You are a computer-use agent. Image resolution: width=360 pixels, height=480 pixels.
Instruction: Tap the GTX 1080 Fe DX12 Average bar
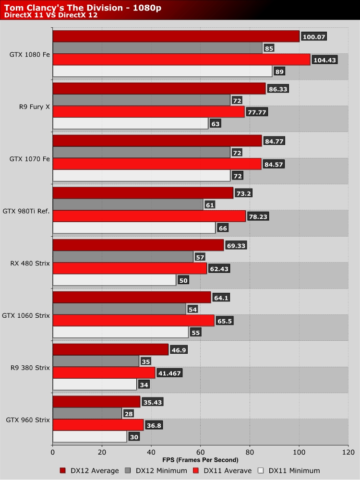(x=176, y=36)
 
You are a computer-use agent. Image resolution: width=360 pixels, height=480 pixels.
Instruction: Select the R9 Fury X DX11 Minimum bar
(x=131, y=124)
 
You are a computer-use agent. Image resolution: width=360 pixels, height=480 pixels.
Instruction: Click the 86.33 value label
(x=278, y=89)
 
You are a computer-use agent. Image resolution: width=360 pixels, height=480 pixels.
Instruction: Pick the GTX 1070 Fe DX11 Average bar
(x=157, y=164)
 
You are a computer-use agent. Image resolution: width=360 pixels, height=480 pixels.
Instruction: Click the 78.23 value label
(x=258, y=216)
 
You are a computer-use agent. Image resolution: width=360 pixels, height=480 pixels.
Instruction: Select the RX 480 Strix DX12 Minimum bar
(x=123, y=257)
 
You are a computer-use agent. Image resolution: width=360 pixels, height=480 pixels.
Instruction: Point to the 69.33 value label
(x=237, y=246)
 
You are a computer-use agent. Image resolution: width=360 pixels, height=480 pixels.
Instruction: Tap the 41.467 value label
(x=169, y=373)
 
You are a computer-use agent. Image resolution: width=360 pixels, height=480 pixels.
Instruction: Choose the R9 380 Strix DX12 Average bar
(x=110, y=350)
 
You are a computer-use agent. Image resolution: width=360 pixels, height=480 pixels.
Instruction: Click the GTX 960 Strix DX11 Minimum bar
(x=90, y=436)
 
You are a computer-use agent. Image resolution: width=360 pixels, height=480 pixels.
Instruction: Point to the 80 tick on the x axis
(x=250, y=452)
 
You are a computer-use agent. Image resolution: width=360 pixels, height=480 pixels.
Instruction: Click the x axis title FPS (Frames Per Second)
(x=200, y=460)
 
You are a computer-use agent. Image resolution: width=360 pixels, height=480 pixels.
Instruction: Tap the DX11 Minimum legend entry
(x=289, y=471)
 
